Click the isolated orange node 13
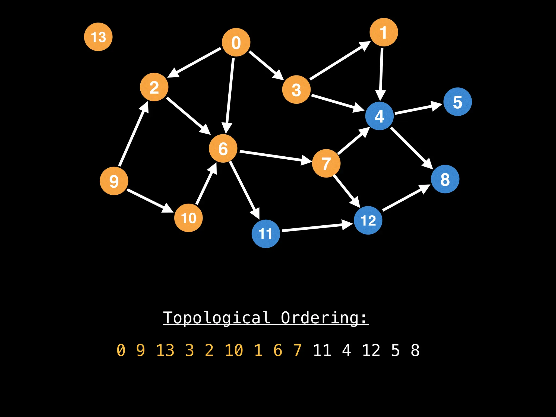coord(98,37)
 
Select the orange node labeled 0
coord(236,42)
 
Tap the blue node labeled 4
coord(379,116)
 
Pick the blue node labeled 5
coord(457,102)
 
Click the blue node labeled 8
coord(445,179)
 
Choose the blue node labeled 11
coord(266,234)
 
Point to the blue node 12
coord(368,220)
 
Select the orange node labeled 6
coord(223,149)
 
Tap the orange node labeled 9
coord(114,181)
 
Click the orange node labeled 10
coord(188,218)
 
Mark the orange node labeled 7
coord(326,163)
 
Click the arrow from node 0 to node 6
coord(230,95)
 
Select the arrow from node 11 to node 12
coord(315,228)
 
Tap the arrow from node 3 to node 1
coord(339,61)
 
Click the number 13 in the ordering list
coord(165,350)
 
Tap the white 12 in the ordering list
coord(371,350)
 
